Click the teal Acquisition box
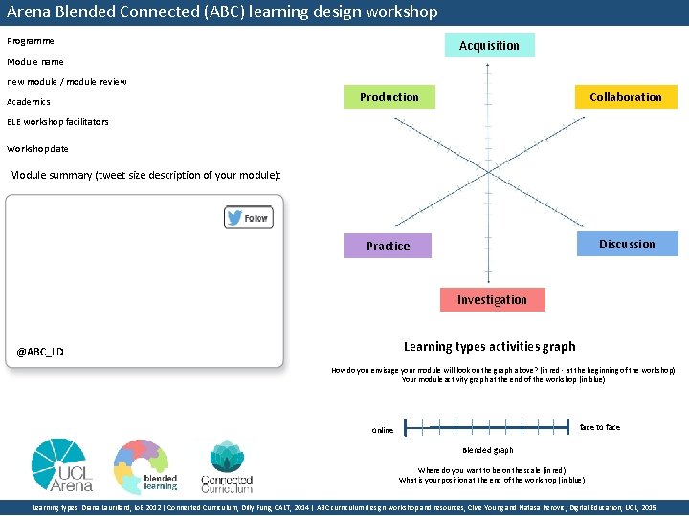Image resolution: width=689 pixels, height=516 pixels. tap(489, 46)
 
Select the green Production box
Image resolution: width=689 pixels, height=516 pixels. tap(389, 97)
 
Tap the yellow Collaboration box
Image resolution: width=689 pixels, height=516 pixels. tap(625, 97)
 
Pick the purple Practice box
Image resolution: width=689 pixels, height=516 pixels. tap(388, 246)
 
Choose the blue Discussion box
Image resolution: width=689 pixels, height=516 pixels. tap(627, 244)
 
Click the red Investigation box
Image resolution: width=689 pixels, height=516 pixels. tap(492, 299)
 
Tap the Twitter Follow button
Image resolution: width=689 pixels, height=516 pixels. tap(248, 218)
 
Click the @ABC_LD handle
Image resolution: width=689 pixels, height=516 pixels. tap(40, 352)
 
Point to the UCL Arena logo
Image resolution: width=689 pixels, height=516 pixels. tap(62, 464)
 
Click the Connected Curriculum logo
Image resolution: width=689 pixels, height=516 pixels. tap(226, 464)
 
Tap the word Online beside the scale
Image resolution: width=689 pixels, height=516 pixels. tap(383, 430)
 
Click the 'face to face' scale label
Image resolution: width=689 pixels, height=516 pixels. tap(599, 427)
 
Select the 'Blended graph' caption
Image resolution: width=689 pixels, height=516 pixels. tap(488, 450)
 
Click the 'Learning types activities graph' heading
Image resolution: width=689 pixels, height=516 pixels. tap(489, 346)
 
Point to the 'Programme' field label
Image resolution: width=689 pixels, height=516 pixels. tap(31, 41)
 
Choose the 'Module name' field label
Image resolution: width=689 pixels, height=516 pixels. tap(35, 61)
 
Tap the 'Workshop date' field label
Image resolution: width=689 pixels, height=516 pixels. tap(37, 148)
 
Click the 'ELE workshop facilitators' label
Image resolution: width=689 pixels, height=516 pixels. tap(57, 122)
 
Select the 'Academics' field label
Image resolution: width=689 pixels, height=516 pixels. tap(29, 101)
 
